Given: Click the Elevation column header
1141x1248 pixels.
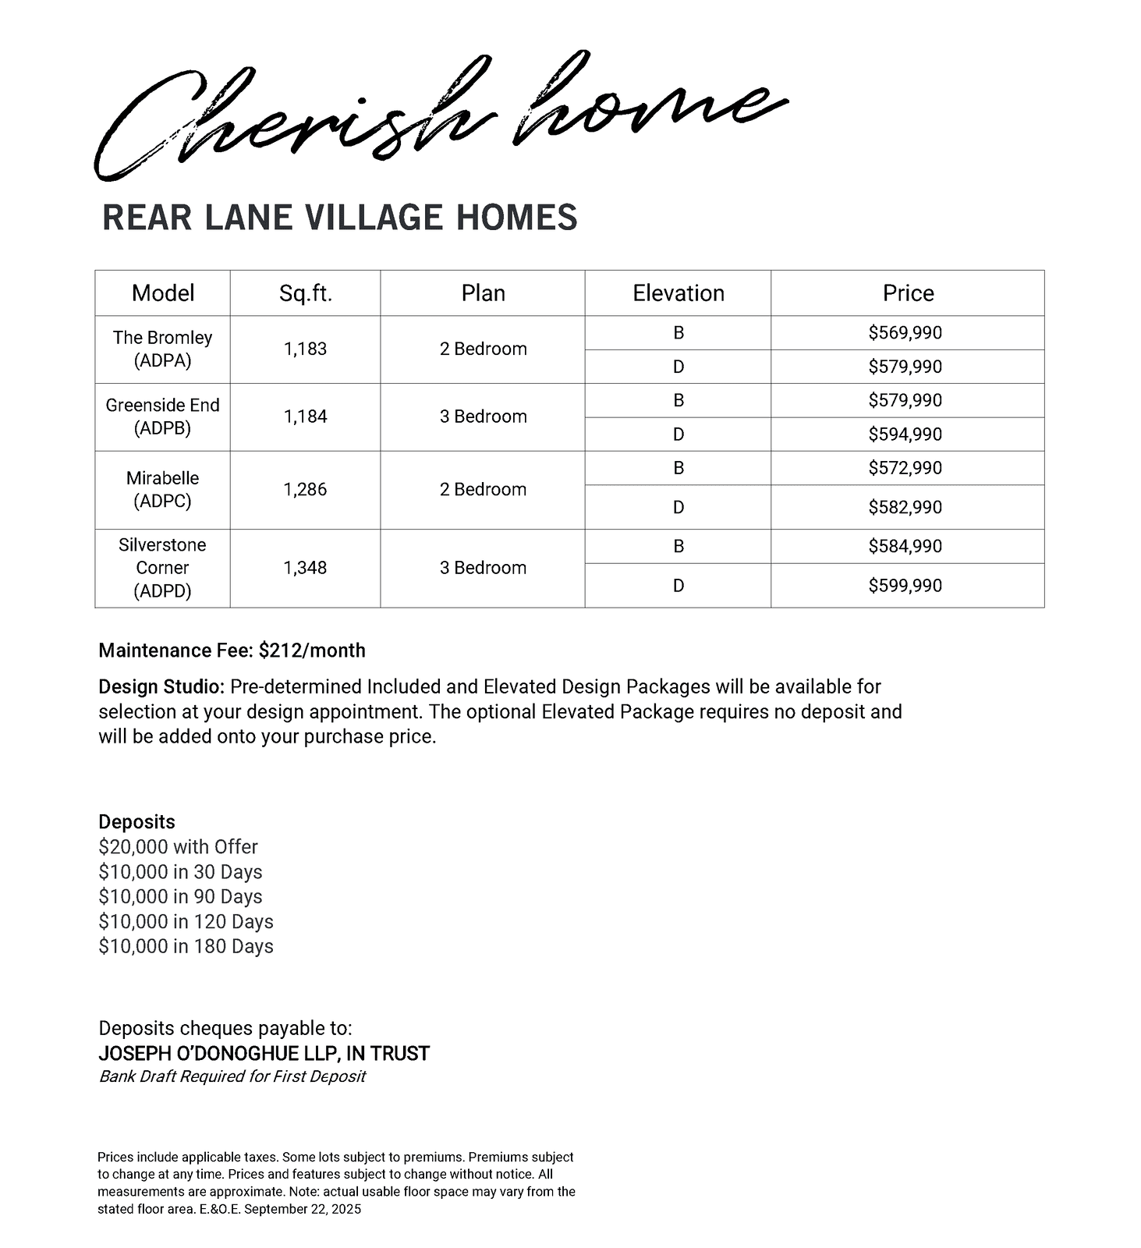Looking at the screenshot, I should coord(678,293).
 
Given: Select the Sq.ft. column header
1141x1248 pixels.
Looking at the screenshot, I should coord(306,293).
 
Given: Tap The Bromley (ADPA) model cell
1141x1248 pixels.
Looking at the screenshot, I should coord(162,349).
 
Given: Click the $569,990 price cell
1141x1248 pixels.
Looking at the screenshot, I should coord(905,333).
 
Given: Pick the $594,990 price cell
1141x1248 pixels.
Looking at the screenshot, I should coord(905,434).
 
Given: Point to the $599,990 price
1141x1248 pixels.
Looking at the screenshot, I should coord(905,586).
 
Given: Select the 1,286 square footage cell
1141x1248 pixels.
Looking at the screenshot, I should coord(305,490).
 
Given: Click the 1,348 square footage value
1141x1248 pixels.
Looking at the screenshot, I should coord(305,568).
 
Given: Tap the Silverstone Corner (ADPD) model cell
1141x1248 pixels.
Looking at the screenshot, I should coord(162,568).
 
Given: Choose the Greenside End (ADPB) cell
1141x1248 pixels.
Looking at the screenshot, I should coord(162,417).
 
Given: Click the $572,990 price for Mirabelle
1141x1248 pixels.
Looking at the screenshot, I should coord(905,468).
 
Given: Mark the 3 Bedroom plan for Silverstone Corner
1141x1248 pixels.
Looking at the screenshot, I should coord(483,568).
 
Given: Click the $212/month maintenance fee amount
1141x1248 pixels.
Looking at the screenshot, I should coord(312,651).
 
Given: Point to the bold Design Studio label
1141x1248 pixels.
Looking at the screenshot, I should coord(161,687).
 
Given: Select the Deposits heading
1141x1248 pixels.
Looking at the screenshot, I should coord(136,822).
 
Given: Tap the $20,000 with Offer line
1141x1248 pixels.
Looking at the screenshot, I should coord(178,847).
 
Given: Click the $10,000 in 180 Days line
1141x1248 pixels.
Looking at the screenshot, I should coord(186,946).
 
